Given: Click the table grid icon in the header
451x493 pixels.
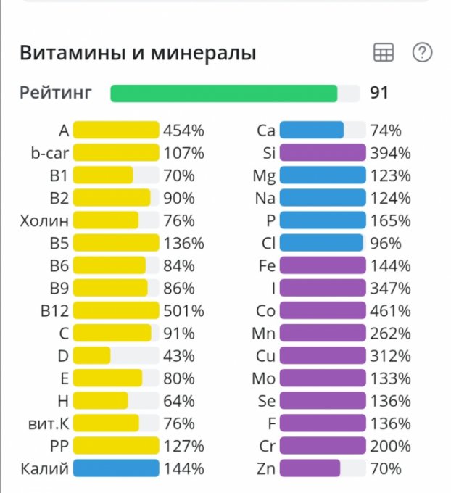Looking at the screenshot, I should click(x=383, y=53).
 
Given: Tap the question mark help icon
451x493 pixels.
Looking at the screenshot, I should click(x=422, y=53).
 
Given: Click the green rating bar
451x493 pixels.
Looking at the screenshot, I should click(x=223, y=94).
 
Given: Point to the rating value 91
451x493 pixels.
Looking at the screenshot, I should click(x=379, y=94).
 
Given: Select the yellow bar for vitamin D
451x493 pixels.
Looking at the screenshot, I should click(x=92, y=355).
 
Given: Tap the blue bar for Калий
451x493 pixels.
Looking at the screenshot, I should click(x=116, y=468).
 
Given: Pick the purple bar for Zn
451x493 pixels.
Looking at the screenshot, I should click(x=310, y=468).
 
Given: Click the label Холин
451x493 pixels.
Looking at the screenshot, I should click(x=44, y=220).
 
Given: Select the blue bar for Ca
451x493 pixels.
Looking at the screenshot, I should click(x=312, y=130).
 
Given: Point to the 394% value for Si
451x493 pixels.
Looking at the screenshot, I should click(x=390, y=153).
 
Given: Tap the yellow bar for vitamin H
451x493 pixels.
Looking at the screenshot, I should click(x=101, y=400).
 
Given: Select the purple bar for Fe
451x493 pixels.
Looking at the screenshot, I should click(x=322, y=265).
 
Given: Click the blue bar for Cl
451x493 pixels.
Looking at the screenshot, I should click(x=320, y=243).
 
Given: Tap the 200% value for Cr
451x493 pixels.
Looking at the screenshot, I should click(x=390, y=446).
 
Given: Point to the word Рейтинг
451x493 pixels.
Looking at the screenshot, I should click(x=56, y=94).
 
